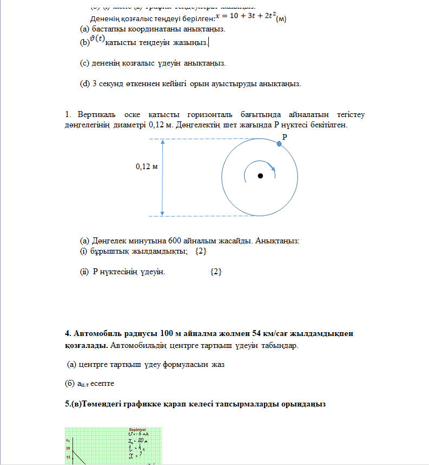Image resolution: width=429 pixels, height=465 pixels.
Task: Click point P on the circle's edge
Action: coord(279,144)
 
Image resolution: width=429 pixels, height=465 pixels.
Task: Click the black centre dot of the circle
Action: coord(260,176)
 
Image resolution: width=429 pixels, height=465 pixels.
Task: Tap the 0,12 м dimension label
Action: coord(146,166)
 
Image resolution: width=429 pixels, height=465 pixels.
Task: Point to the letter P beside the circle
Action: coord(284,138)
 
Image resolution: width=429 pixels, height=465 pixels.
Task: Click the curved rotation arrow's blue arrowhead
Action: coord(274,169)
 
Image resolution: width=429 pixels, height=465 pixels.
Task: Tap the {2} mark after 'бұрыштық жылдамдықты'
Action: coord(200,251)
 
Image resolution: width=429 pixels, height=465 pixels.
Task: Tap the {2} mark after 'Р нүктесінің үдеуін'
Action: coord(216,272)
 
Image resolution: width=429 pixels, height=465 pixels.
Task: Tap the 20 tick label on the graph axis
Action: coord(69,448)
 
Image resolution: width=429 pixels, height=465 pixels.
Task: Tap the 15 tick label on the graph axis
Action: coord(69,457)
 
